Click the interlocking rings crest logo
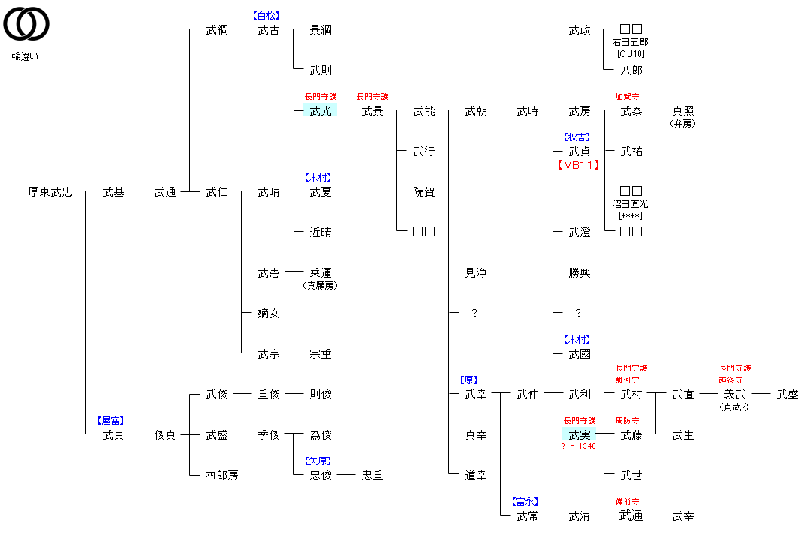[x=26, y=23]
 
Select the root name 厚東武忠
[x=50, y=192]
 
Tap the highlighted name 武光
[x=321, y=111]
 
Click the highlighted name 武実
[x=580, y=435]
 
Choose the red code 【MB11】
[x=580, y=165]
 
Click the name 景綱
[x=321, y=30]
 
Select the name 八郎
[x=631, y=71]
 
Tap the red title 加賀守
[x=626, y=97]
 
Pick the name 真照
[x=683, y=111]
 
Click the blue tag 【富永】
[x=525, y=502]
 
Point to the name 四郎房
[x=222, y=476]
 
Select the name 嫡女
[x=269, y=314]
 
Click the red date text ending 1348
[x=579, y=446]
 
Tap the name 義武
[x=735, y=395]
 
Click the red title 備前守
[x=627, y=502]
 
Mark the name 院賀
[x=424, y=192]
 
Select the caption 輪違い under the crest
[x=25, y=56]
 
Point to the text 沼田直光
[x=630, y=204]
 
